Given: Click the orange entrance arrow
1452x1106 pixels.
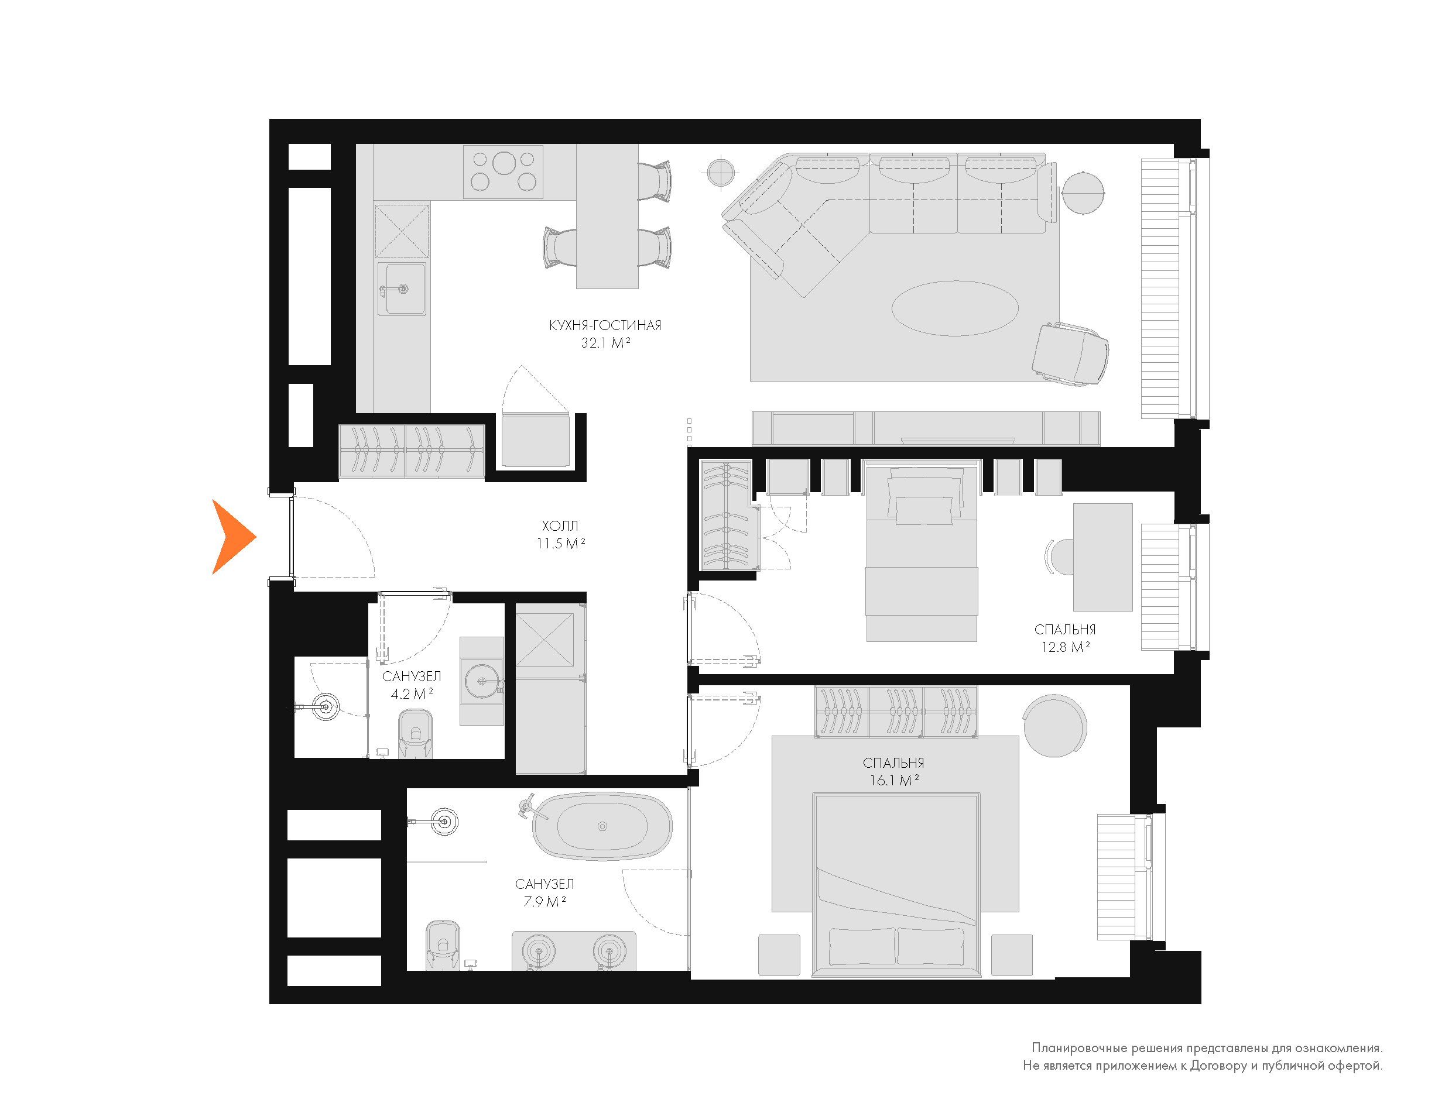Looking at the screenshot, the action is pos(231,537).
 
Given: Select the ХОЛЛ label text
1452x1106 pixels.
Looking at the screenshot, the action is pos(560,526).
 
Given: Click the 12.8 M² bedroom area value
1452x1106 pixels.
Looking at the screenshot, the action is pos(1065,647).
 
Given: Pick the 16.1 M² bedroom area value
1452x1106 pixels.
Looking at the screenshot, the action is pos(893,780).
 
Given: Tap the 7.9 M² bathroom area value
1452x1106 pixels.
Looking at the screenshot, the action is pos(544,901).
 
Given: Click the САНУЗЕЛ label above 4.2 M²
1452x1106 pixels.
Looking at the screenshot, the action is pos(412,676).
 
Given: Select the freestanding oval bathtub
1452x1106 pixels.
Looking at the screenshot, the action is pos(602,826).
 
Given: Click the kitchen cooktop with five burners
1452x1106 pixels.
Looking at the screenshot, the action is pos(503,172).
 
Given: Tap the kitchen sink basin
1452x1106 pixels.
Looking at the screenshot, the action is pos(402,289).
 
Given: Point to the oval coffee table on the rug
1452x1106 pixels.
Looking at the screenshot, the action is pos(955,308).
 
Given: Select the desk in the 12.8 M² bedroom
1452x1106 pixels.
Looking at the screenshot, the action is pos(1103,557).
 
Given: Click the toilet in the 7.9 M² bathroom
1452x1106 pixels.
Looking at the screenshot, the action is pos(443,946).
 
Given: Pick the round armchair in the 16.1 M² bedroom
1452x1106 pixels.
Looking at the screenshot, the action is pos(1054,726).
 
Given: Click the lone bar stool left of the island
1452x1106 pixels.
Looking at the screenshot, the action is pos(560,247).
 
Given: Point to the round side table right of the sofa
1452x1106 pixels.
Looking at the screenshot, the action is pos(1083,192).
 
